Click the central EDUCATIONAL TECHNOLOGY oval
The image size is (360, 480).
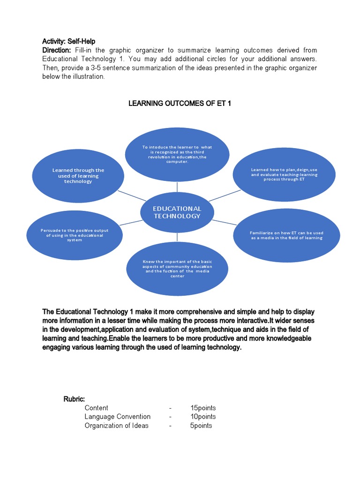(177, 212)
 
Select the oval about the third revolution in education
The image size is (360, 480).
(177, 154)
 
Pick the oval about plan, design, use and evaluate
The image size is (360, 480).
(284, 174)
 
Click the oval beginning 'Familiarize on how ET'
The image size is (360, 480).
(286, 235)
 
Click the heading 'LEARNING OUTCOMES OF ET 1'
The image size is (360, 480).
(180, 103)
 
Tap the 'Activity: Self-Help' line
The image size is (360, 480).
(68, 41)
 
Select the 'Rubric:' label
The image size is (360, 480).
(74, 399)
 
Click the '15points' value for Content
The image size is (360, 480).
(203, 408)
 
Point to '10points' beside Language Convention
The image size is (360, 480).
(203, 417)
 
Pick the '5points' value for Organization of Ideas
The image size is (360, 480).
(201, 426)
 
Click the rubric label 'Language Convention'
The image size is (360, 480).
(118, 417)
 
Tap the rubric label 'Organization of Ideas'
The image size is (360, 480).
(116, 426)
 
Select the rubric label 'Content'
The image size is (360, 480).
(96, 408)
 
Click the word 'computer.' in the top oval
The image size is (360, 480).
(177, 162)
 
